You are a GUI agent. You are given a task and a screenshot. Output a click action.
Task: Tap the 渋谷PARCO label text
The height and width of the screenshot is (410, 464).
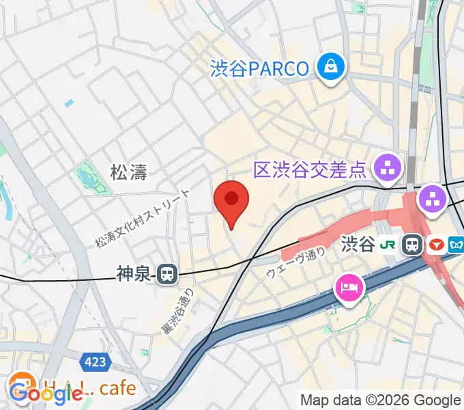pyautogui.click(x=261, y=68)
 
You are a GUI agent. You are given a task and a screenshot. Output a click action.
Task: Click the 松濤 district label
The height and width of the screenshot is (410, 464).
pyautogui.click(x=129, y=172)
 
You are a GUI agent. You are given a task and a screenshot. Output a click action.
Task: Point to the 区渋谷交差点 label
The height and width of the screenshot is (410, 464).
pyautogui.click(x=310, y=169)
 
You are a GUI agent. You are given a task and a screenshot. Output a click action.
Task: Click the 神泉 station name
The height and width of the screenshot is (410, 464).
pyautogui.click(x=132, y=274)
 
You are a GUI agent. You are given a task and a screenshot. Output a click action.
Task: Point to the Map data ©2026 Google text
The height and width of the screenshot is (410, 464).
pyautogui.click(x=381, y=400)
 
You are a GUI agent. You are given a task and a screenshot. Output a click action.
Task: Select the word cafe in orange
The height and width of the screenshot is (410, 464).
pyautogui.click(x=117, y=389)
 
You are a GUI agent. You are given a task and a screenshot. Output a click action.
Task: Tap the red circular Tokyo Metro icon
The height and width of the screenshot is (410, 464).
pyautogui.click(x=437, y=244)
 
